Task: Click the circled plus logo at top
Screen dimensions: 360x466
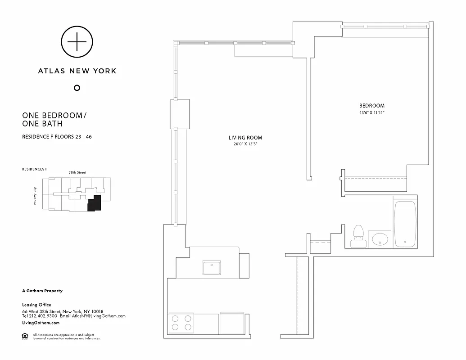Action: (x=77, y=42)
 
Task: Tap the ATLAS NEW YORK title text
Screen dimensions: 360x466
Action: (x=77, y=71)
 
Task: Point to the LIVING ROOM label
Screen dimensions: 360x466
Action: (x=245, y=138)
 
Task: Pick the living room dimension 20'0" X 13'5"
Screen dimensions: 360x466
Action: (x=245, y=144)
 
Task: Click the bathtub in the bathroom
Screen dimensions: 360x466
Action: (x=405, y=224)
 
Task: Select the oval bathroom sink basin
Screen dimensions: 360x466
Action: (x=380, y=239)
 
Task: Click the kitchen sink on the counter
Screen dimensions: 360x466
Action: (x=211, y=268)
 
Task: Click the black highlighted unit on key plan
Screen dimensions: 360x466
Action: (x=94, y=203)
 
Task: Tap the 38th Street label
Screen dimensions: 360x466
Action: (x=77, y=172)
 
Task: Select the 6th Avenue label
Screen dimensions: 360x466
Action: (x=35, y=196)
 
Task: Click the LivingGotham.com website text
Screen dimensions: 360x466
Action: (x=41, y=323)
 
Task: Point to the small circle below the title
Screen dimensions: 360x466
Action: (x=77, y=88)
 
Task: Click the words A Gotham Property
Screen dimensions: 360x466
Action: (x=42, y=291)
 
